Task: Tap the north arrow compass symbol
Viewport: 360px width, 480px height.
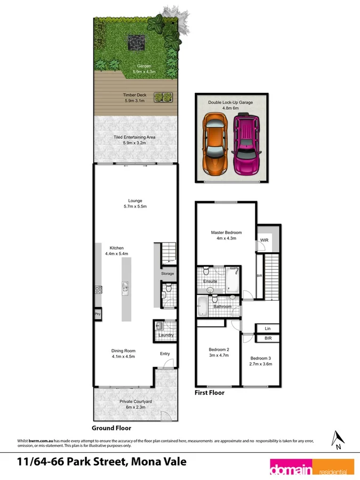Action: coord(336,438)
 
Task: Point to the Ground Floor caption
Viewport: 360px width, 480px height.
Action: coord(111,428)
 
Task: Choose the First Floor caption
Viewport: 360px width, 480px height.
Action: coord(210,393)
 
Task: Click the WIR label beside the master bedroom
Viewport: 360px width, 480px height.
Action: coord(263,241)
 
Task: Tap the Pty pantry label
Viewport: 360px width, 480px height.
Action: coord(98,315)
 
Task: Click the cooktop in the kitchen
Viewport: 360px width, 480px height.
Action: coord(98,290)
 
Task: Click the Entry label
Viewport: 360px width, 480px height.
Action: coord(165,354)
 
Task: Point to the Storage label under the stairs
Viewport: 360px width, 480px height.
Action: coord(167,274)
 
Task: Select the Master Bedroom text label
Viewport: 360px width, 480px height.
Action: coord(226,233)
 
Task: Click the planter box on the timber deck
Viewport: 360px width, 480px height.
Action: coord(164,97)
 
